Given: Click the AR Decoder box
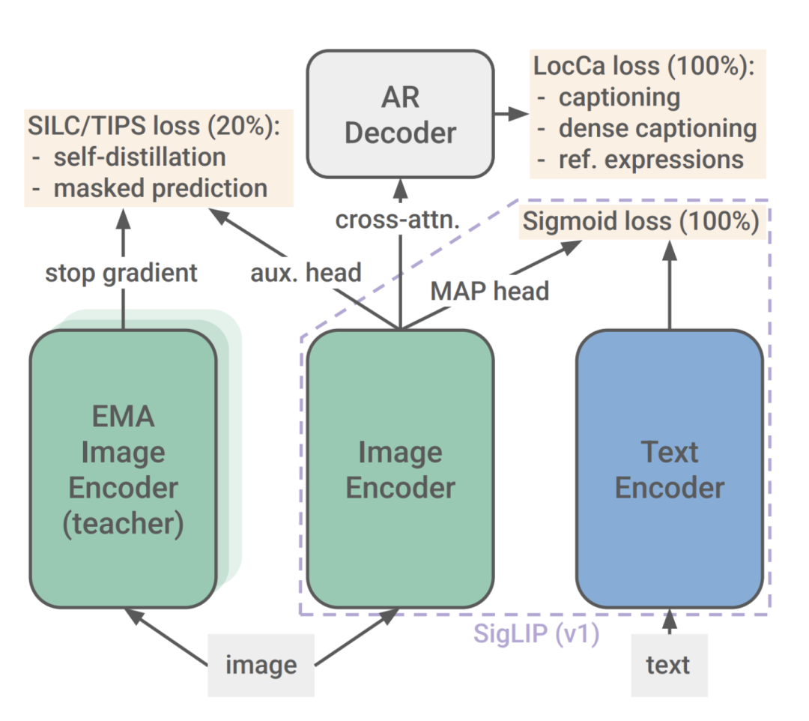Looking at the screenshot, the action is (400, 114).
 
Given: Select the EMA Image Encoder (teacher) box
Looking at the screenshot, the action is (124, 468).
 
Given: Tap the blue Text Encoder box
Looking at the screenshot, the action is (670, 468).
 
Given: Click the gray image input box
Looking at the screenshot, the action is (261, 666).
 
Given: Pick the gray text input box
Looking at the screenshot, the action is (669, 666).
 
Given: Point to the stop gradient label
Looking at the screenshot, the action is (121, 273).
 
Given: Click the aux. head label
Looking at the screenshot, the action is (306, 273).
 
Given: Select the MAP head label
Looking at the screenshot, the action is (490, 291).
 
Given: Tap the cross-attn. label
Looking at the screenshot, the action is (397, 220).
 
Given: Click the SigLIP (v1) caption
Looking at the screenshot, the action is (536, 633).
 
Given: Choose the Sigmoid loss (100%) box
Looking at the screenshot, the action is (640, 222).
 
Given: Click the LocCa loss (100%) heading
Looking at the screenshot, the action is (644, 66).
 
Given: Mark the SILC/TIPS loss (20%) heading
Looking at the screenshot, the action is (154, 126).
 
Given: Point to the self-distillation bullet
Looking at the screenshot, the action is (129, 157).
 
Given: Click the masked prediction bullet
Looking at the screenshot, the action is (150, 188).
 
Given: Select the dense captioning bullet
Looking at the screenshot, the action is (647, 129).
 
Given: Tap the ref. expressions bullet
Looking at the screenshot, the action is (640, 160).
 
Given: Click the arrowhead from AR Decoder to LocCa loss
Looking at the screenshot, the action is (518, 114).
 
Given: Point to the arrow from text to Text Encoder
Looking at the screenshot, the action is (670, 621).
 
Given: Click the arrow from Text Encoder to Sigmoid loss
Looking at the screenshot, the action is (670, 285).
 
